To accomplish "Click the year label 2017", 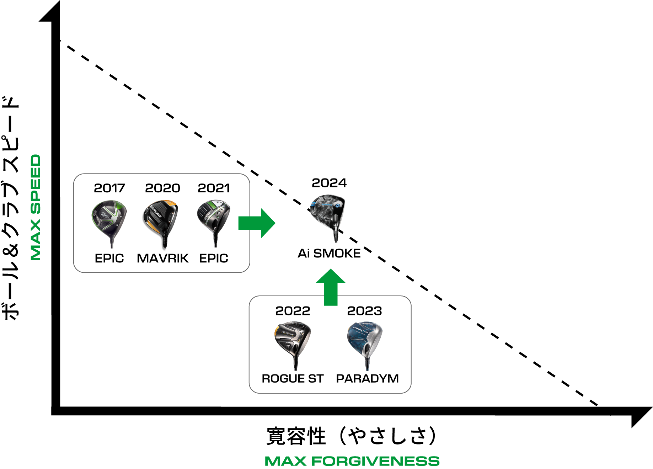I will tap(109, 188).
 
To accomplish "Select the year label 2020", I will tap(162, 188).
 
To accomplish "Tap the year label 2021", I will tap(214, 188).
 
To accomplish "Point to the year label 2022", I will tap(293, 311).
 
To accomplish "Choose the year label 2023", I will tap(364, 311).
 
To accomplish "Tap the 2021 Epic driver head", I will tap(213, 215).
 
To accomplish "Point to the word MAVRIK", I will tap(162, 258).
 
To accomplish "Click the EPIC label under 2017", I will tap(109, 258).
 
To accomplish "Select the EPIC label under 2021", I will tap(214, 258).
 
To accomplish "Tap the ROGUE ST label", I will tap(293, 379).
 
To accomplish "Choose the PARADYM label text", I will tap(367, 379).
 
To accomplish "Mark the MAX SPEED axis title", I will tap(36, 207).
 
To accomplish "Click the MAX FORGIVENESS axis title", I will tap(352, 461).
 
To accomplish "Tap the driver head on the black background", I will tap(328, 211).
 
